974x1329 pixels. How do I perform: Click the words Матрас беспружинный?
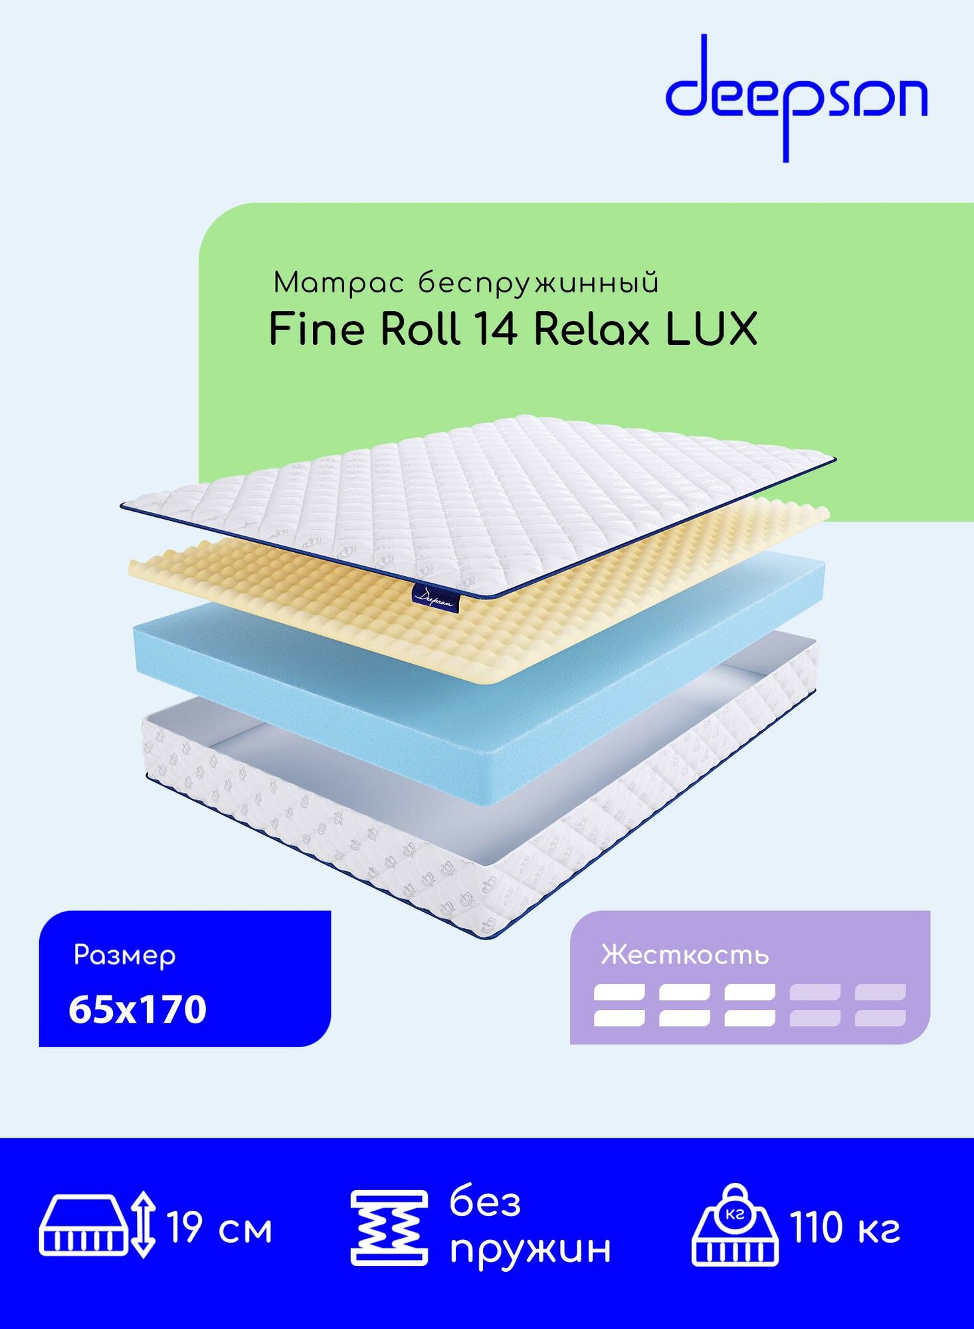click(466, 283)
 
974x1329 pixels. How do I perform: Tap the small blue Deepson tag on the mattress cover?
click(433, 596)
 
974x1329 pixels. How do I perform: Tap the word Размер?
click(124, 956)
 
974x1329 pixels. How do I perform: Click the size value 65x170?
click(138, 1009)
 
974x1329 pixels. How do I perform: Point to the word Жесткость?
click(684, 955)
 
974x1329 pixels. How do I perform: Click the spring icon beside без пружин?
click(389, 1228)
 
